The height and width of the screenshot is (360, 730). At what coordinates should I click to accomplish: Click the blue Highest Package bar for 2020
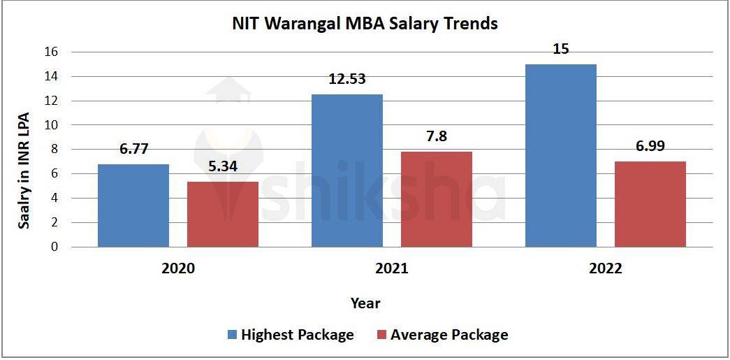133,206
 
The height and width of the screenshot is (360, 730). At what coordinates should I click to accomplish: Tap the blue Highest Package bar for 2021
347,171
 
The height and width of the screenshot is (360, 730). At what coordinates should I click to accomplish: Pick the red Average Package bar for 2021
437,199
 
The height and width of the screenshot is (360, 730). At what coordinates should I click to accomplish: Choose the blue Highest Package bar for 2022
561,155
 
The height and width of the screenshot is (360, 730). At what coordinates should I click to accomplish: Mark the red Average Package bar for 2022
650,204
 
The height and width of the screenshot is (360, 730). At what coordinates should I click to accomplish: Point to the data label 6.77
133,149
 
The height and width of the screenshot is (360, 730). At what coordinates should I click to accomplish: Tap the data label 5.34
223,167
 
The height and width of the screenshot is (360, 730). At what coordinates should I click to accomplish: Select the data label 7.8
437,137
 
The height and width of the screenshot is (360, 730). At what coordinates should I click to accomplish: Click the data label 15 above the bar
561,50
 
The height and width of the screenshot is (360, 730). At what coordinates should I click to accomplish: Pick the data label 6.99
650,146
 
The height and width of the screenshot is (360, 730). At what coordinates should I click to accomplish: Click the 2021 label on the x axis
392,269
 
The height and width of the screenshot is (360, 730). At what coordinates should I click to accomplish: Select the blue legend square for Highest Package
232,335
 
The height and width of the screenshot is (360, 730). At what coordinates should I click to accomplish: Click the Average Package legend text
449,335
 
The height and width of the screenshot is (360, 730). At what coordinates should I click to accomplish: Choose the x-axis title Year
365,303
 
